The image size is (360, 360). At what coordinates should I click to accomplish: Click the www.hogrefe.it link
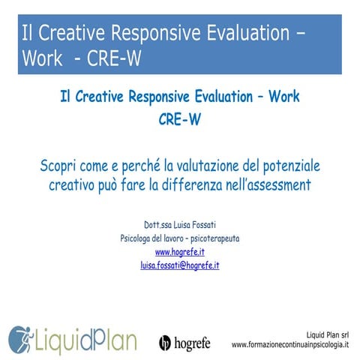[179, 251]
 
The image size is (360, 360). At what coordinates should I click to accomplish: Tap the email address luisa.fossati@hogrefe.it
[179, 265]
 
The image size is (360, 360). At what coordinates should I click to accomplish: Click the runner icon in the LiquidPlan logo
[19, 339]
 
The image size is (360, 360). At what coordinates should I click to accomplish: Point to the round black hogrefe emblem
[166, 343]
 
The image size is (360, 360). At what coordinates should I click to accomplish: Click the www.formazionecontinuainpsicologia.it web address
[290, 345]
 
